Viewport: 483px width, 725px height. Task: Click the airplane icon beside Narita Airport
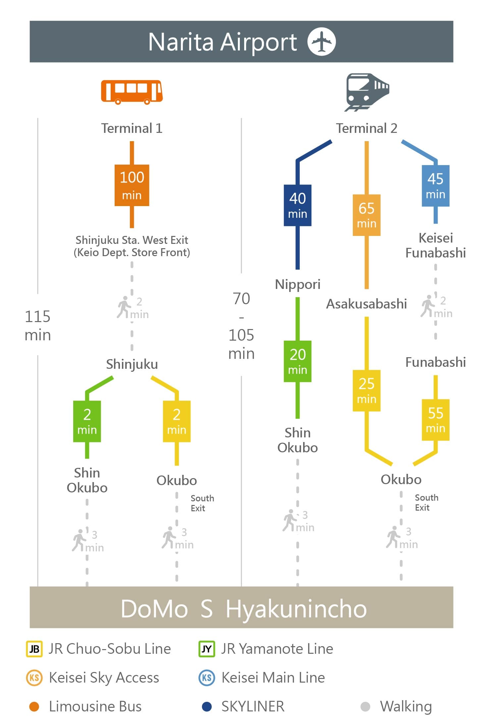point(321,41)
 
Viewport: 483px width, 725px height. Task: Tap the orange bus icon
point(132,92)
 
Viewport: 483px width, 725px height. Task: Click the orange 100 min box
point(132,185)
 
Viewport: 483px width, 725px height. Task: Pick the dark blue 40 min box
point(297,205)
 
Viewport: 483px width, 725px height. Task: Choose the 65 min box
point(366,215)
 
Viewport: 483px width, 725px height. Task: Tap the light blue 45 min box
point(435,186)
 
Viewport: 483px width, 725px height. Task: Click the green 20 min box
point(297,361)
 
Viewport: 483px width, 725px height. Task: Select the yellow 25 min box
point(366,390)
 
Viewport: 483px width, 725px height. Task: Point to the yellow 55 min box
point(435,420)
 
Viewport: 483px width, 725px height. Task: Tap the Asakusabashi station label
point(366,304)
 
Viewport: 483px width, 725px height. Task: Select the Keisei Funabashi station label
point(436,245)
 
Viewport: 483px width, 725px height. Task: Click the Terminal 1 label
point(132,128)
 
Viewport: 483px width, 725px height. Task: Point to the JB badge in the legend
point(34,649)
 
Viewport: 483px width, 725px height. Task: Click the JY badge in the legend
point(207,649)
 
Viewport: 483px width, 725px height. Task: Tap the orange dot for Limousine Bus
point(34,706)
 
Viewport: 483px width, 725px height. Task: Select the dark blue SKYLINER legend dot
point(207,706)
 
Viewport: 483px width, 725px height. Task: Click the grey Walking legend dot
point(365,706)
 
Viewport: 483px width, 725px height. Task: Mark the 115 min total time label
point(38,325)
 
